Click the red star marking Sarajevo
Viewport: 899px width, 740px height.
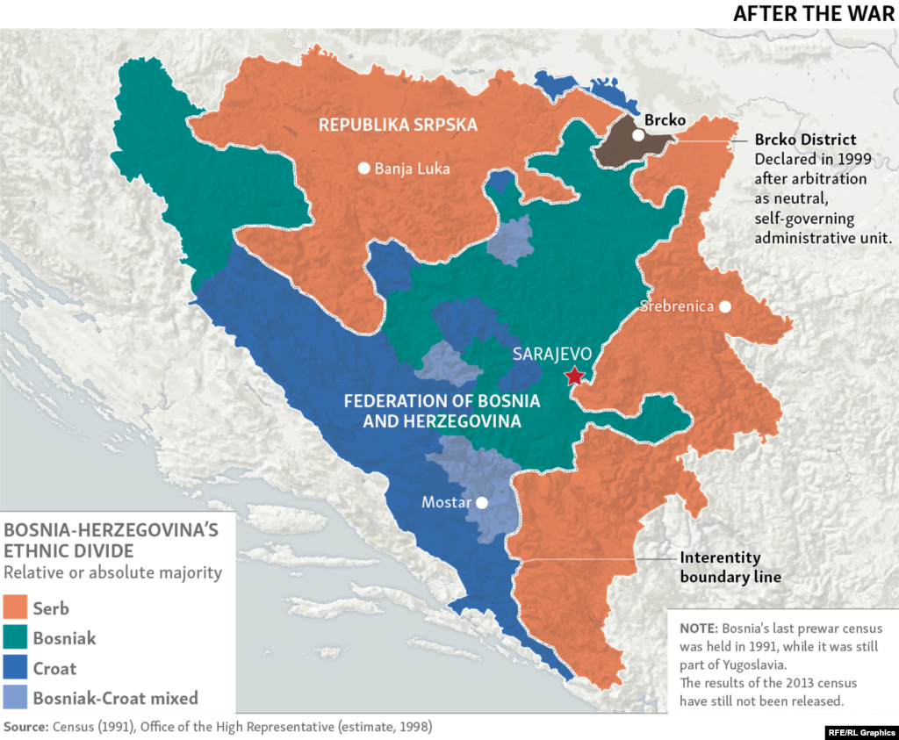(x=574, y=377)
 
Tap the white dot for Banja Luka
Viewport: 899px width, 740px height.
(x=363, y=169)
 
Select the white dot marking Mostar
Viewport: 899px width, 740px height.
(x=481, y=503)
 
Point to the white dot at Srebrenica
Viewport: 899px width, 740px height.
(x=725, y=306)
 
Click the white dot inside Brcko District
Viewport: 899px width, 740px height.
(x=638, y=135)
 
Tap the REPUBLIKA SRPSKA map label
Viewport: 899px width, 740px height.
(x=398, y=125)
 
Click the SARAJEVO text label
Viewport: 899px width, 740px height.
(x=552, y=355)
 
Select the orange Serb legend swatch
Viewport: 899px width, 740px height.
(x=16, y=608)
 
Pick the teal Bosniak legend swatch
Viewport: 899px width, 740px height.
(x=16, y=638)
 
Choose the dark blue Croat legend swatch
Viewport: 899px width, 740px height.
(x=16, y=668)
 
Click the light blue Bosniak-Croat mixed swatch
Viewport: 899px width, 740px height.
(x=16, y=699)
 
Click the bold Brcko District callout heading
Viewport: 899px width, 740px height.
(x=805, y=140)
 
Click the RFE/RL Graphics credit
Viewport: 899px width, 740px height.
(x=859, y=730)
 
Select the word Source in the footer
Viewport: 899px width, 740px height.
(x=25, y=727)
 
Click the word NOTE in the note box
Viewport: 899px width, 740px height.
(x=698, y=629)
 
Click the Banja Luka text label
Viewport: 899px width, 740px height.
(x=412, y=169)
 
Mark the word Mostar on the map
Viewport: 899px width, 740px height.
(x=445, y=503)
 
